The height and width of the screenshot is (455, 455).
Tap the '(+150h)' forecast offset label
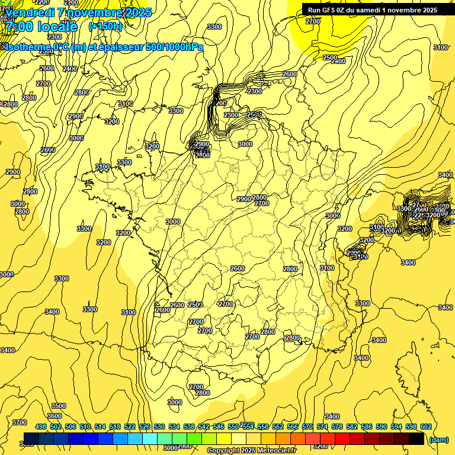[x=105, y=26]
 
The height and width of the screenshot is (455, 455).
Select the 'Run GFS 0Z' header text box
[x=372, y=9]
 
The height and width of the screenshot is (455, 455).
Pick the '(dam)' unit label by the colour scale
[x=438, y=440]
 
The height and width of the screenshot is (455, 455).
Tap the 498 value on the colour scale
[x=41, y=427]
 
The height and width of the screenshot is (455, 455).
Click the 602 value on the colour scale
[x=426, y=427]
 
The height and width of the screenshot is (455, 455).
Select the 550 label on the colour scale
[x=233, y=427]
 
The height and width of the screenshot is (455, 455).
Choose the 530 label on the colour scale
[x=159, y=427]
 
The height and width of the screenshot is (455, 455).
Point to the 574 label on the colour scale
[x=322, y=427]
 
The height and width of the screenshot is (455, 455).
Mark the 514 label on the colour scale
[x=100, y=427]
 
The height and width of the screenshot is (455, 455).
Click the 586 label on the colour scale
[x=367, y=427]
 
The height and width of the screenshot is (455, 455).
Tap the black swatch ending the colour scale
[x=416, y=439]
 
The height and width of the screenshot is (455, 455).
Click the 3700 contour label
[x=20, y=422]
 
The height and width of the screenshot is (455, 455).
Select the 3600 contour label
[x=54, y=416]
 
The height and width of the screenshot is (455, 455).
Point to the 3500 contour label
[x=59, y=406]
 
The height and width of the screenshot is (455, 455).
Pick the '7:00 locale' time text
[x=41, y=27]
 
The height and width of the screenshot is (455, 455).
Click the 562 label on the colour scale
[x=278, y=427]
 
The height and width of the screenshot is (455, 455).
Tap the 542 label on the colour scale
[x=204, y=427]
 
